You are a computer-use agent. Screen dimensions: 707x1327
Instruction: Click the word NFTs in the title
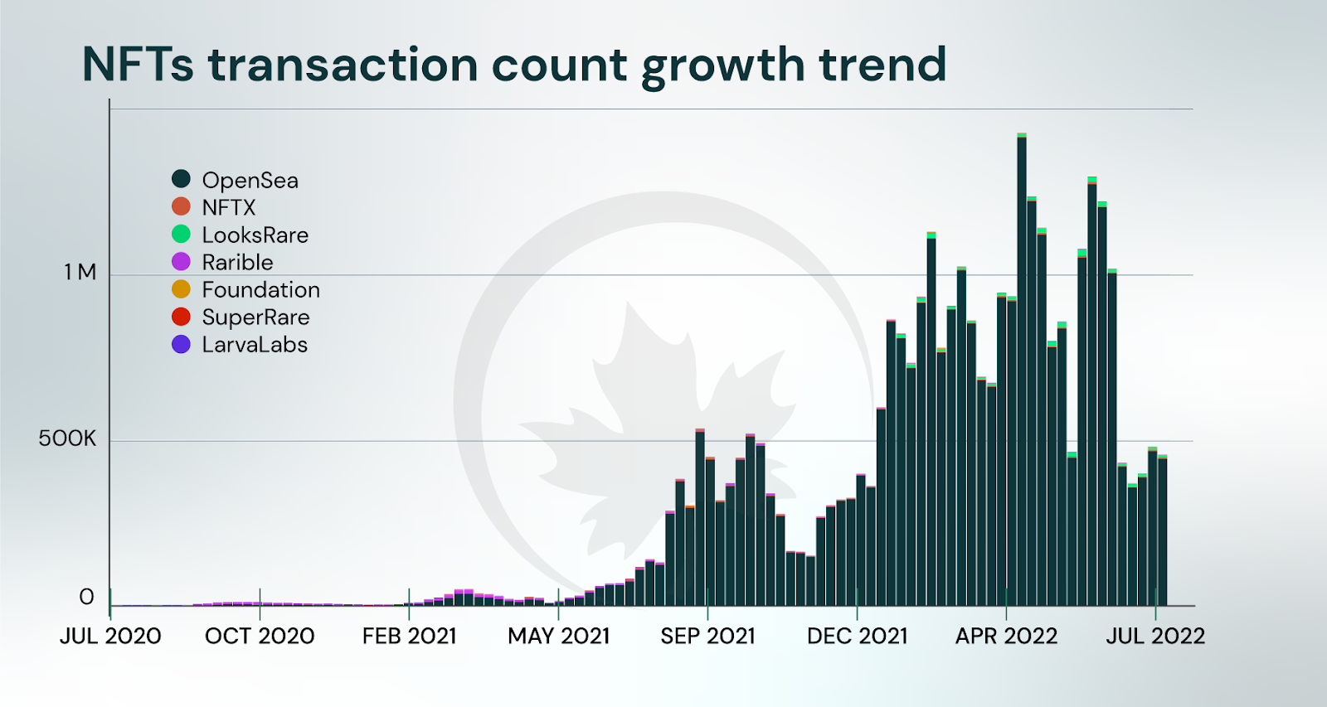[138, 65]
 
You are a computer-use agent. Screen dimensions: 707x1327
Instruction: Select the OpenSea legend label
[250, 180]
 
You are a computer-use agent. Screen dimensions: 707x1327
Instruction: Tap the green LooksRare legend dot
[181, 235]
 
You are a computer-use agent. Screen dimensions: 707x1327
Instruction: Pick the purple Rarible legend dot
[181, 262]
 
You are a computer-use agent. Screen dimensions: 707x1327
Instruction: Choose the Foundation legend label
[260, 289]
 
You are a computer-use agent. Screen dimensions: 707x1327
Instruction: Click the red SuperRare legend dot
[181, 317]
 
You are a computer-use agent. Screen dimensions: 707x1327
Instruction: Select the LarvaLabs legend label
[255, 344]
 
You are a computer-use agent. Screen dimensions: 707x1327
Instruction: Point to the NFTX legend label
[229, 207]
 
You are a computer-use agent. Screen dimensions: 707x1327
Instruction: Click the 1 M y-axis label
[80, 272]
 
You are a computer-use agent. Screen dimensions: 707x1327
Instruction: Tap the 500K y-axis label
[67, 438]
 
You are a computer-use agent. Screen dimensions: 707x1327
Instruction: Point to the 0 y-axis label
[86, 597]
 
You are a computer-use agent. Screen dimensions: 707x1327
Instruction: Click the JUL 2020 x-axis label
[110, 636]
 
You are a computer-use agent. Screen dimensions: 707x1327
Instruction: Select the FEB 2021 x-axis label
[409, 636]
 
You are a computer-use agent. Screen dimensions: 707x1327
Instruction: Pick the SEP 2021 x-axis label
[707, 636]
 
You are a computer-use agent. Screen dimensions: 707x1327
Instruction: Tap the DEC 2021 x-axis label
[857, 636]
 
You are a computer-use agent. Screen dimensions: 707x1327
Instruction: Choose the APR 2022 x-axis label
[1006, 636]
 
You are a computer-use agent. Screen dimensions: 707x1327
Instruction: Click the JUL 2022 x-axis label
[1154, 636]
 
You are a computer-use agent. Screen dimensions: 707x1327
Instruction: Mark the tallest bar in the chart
[1022, 373]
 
